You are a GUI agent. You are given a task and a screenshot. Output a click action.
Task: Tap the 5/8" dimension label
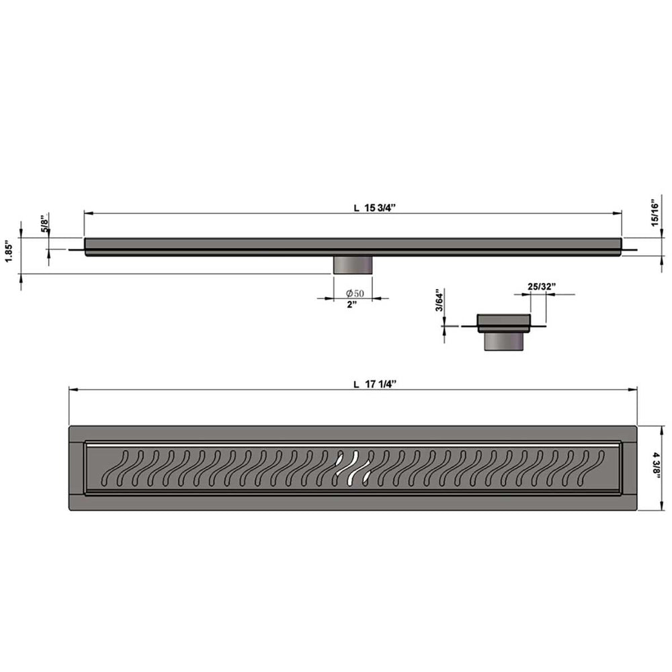44,224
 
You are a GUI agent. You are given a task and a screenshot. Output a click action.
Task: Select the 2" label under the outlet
352,304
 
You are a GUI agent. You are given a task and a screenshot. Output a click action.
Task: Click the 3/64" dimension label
439,300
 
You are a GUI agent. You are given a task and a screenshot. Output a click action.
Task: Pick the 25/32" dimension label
541,287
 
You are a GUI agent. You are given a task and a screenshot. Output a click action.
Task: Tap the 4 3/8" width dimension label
655,465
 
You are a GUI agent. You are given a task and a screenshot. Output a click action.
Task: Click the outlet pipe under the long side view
353,264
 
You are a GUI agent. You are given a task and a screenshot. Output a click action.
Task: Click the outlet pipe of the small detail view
503,341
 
